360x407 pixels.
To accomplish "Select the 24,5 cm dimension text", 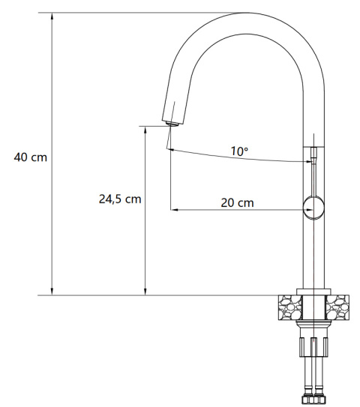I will [120, 199].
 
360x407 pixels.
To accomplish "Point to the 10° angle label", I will [239, 151].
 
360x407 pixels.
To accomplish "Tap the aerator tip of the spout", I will [170, 124].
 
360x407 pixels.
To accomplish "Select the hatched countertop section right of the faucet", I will [338, 306].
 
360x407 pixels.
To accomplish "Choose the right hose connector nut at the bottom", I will [322, 395].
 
